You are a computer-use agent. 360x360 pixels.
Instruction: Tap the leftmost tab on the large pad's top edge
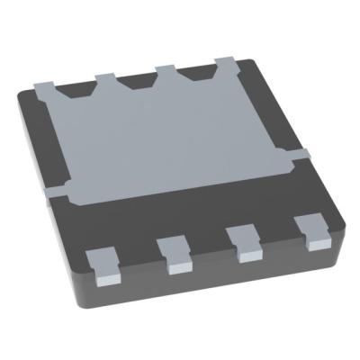[x=44, y=85]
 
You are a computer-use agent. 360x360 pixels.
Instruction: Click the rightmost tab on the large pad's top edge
[x=225, y=63]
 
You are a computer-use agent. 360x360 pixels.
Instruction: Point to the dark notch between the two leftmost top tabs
[x=75, y=91]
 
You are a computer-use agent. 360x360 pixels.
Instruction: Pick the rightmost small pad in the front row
[x=315, y=234]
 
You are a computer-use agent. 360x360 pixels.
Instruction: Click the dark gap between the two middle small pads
[x=209, y=249]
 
